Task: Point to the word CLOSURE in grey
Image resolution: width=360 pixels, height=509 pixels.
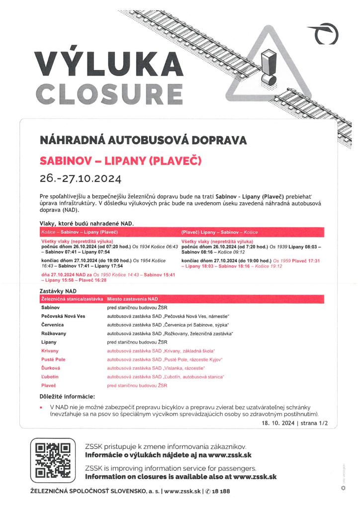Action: point(109,93)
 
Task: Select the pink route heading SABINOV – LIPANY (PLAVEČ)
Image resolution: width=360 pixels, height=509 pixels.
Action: point(121,161)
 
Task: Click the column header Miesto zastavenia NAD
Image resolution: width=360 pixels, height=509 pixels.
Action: point(132,299)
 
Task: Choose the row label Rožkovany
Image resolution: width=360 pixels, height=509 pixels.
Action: point(54,333)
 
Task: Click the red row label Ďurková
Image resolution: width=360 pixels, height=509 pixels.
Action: point(51,368)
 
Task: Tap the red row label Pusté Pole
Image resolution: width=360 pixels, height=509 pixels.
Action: point(53,359)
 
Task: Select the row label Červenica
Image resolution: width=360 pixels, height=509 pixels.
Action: point(52,325)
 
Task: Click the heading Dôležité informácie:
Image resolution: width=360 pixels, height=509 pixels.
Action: point(67,396)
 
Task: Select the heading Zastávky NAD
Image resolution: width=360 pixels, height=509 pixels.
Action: point(58,290)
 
